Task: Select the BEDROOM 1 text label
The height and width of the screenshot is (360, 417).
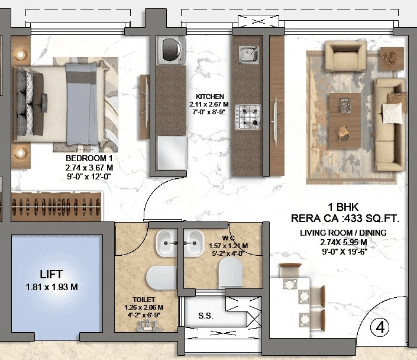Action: tap(89, 159)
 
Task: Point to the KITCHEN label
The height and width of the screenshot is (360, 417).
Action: tap(210, 96)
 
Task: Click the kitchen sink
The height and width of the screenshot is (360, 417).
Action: tap(249, 55)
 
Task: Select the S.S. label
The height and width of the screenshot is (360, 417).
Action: tap(206, 316)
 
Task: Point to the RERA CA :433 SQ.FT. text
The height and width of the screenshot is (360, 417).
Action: tap(345, 218)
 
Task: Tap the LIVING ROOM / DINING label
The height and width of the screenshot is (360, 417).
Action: tap(343, 233)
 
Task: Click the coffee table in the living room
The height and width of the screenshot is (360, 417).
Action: tap(344, 112)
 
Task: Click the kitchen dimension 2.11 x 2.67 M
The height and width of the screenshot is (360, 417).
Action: tap(210, 104)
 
